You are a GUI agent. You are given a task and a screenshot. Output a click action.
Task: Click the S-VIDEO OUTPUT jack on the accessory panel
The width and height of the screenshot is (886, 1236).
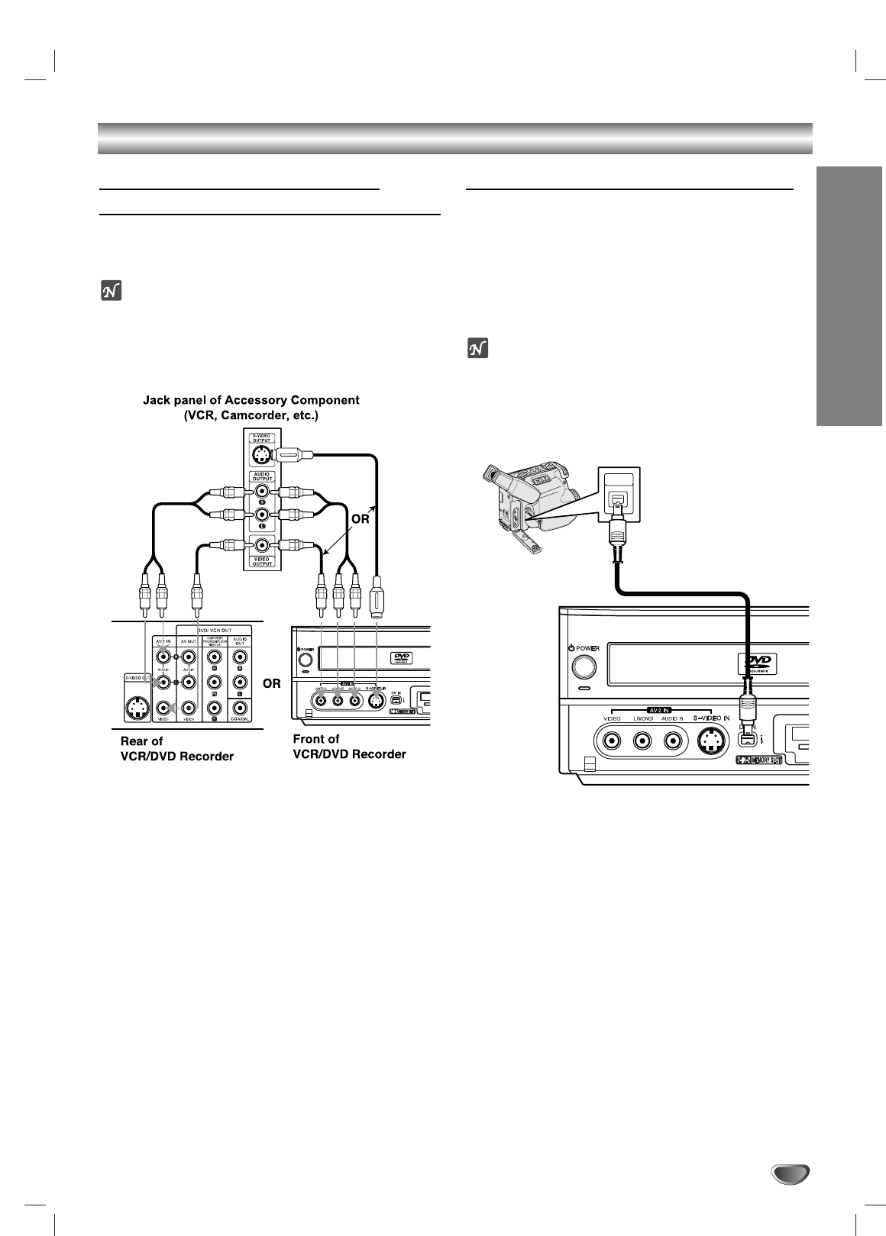click(261, 457)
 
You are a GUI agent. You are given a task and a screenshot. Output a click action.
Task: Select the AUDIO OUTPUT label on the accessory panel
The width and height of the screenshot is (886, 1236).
click(262, 477)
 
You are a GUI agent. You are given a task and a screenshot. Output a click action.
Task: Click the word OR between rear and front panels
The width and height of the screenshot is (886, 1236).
click(272, 683)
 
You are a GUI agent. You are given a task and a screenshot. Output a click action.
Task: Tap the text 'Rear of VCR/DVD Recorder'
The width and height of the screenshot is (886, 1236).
click(177, 748)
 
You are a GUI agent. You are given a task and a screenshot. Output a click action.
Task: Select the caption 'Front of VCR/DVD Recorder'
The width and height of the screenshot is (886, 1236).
click(349, 746)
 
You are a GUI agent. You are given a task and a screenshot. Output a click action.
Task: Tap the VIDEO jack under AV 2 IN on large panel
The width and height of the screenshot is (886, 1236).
click(611, 741)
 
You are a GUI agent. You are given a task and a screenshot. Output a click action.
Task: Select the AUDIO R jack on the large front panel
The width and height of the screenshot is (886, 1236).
click(672, 741)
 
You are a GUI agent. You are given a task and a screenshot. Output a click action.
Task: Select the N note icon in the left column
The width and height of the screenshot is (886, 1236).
click(111, 292)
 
